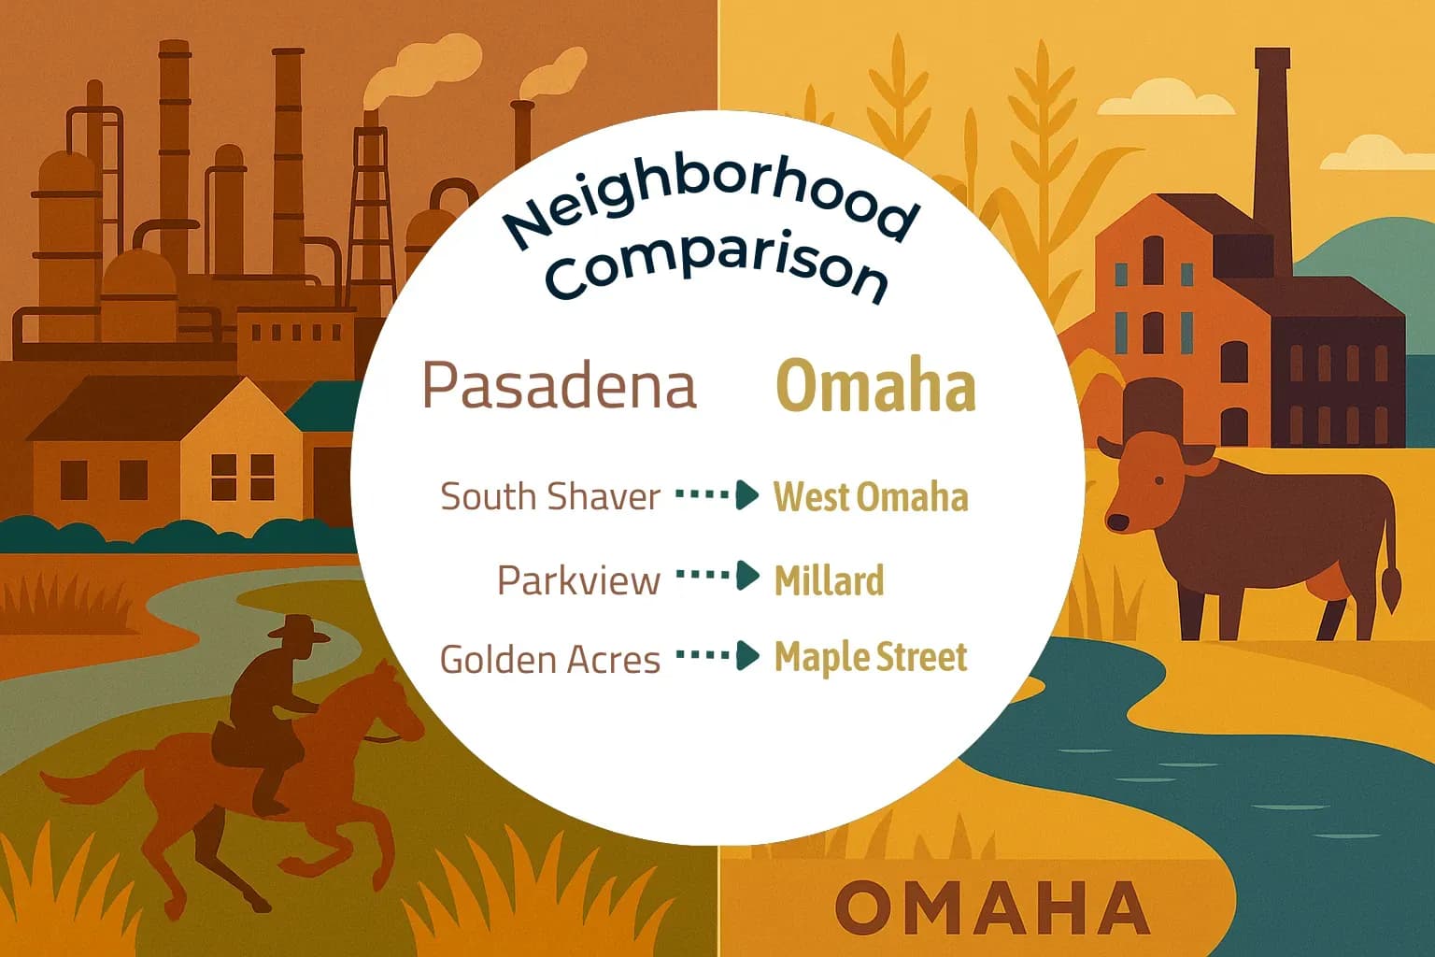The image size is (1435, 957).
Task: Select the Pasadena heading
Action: click(559, 385)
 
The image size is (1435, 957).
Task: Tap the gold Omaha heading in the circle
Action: click(875, 386)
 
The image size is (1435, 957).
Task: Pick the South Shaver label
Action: click(550, 496)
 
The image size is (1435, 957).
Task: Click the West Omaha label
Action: click(870, 496)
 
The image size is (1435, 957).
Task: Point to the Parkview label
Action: click(578, 579)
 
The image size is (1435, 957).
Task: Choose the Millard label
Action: click(829, 580)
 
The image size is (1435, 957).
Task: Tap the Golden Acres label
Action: click(549, 659)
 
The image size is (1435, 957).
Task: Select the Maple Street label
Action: click(870, 657)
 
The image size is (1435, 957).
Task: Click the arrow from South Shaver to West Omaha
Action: click(717, 495)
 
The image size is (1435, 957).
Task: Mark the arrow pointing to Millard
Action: click(717, 577)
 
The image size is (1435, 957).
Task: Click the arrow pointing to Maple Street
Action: click(717, 656)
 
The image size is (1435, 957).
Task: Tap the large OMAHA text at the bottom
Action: click(991, 907)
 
